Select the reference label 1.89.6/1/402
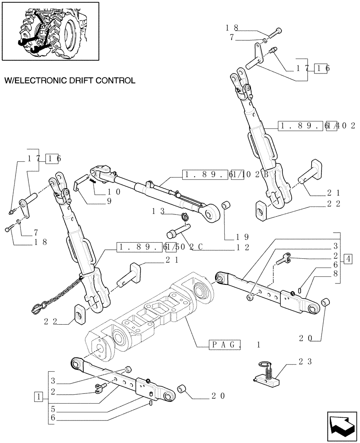coord(317,126)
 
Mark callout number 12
coord(243,247)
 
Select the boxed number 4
coord(348,259)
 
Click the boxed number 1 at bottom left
coord(40,397)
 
